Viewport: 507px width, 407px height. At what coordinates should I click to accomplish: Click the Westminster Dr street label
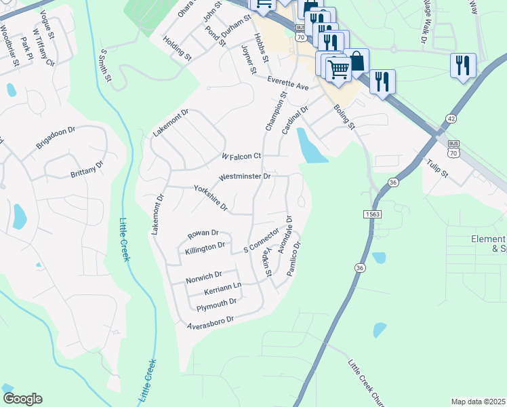tap(245, 177)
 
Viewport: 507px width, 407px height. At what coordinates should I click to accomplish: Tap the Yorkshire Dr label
tap(210, 197)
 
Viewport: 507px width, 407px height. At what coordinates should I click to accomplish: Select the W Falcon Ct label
tap(241, 157)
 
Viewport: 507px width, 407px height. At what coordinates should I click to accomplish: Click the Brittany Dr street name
tap(87, 170)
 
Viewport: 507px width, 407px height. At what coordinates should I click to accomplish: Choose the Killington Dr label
tap(205, 247)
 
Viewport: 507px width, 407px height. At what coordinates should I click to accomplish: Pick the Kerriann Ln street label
tap(223, 290)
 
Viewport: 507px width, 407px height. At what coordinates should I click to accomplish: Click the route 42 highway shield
tap(449, 119)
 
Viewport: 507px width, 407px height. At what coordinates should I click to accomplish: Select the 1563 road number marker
tap(371, 214)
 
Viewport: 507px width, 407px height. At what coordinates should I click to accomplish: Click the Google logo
tap(22, 398)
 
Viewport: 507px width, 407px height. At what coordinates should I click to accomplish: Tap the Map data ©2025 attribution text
tap(478, 402)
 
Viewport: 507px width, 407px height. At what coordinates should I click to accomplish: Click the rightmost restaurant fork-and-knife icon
tap(463, 65)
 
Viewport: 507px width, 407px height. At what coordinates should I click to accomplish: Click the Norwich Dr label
tap(204, 276)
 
